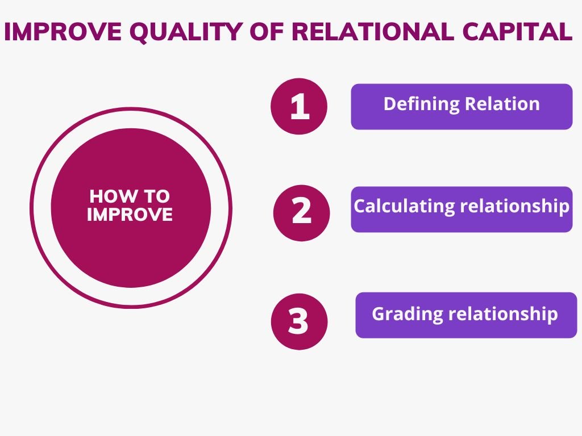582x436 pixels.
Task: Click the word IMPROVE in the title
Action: tap(63, 31)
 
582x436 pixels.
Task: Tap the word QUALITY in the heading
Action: tap(186, 32)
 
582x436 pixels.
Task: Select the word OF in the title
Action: tap(268, 31)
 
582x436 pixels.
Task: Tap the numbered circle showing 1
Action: tap(299, 106)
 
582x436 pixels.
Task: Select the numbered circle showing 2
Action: tap(301, 213)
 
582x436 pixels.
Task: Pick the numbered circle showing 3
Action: tap(299, 321)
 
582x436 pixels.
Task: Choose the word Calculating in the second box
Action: tap(404, 206)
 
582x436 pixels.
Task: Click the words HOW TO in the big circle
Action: tap(130, 196)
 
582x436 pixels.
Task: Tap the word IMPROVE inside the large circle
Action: tap(130, 214)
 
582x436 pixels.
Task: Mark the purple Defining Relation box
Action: tap(462, 107)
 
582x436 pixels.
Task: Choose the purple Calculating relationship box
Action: tap(462, 209)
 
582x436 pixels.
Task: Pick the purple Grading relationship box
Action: tap(466, 315)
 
